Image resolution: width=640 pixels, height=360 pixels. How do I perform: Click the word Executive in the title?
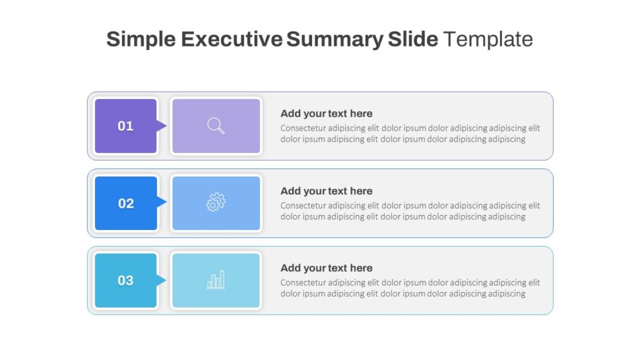point(231,39)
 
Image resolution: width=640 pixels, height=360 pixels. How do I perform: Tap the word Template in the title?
point(488,39)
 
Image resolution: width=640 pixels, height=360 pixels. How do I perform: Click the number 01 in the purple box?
point(126,126)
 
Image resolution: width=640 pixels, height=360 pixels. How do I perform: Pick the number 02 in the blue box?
point(126,204)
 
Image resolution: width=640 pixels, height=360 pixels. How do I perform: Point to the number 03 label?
point(126,280)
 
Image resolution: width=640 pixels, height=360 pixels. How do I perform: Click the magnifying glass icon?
point(216,126)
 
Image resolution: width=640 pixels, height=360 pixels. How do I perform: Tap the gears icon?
point(216,202)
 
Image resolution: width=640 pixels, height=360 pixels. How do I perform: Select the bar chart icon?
point(216,280)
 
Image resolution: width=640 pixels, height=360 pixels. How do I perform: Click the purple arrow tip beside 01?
point(162,125)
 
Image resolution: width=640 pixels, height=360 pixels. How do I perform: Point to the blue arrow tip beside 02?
point(162,202)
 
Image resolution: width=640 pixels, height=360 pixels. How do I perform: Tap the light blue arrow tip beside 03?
point(162,280)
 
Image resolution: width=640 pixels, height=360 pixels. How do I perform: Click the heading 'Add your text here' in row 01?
point(326,113)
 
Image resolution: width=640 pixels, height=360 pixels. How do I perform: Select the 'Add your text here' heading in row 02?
point(326,191)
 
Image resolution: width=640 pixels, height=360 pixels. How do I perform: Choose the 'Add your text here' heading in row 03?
point(326,268)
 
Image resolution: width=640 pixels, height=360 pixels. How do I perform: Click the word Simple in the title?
point(141,39)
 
